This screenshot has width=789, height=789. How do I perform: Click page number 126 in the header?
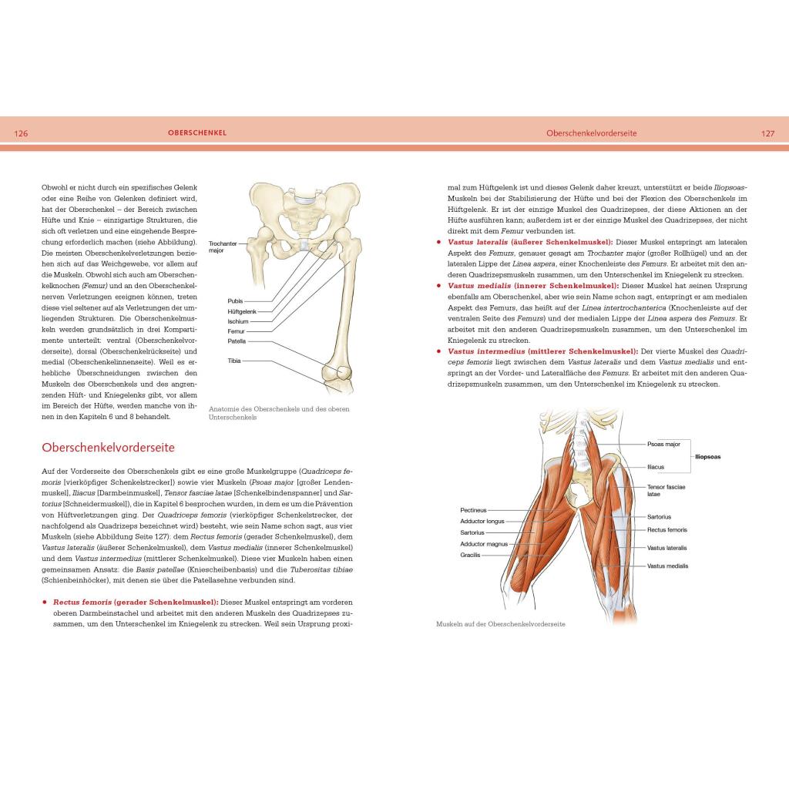tap(21, 133)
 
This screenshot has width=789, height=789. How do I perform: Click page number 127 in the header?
tap(767, 133)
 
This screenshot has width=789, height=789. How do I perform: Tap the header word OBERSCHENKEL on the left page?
tap(197, 133)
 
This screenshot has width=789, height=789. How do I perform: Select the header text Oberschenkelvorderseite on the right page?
tap(592, 133)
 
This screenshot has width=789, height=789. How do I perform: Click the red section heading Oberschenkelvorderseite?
tap(108, 447)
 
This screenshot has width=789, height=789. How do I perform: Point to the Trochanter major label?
tap(223, 247)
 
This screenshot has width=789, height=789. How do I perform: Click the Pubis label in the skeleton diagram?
tap(235, 300)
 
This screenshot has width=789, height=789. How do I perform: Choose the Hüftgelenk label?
tap(242, 311)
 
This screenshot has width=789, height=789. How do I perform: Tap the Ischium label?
tap(237, 321)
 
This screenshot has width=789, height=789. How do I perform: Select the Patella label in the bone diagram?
tap(237, 341)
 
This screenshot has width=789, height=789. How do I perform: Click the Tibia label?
tap(234, 361)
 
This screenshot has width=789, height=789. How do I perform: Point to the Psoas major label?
tap(663, 444)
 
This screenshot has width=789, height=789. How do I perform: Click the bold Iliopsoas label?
tap(713, 455)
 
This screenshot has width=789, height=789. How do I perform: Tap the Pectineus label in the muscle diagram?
tap(473, 509)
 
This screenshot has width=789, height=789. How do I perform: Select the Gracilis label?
tap(470, 554)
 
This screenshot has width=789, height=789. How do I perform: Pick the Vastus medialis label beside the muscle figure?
tap(667, 566)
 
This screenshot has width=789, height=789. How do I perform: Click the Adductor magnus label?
tap(482, 543)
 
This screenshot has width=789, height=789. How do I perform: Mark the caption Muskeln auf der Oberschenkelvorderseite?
tap(500, 624)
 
